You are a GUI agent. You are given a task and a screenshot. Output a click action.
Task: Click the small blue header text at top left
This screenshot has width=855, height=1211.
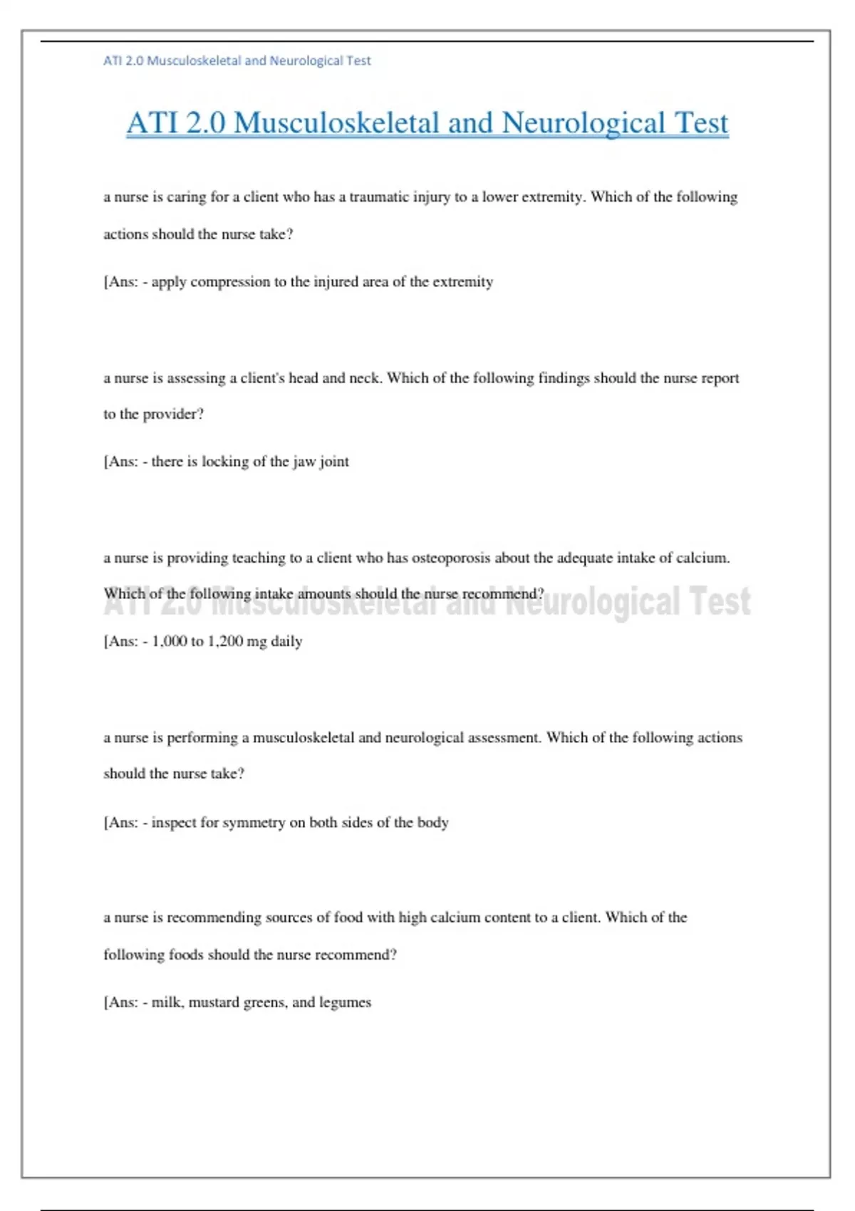pyautogui.click(x=237, y=61)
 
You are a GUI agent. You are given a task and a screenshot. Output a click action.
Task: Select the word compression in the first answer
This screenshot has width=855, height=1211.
pyautogui.click(x=230, y=281)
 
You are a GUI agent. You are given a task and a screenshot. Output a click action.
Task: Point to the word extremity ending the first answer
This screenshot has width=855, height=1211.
pyautogui.click(x=463, y=281)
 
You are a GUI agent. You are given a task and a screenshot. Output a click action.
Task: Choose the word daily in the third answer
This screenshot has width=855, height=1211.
pyautogui.click(x=286, y=641)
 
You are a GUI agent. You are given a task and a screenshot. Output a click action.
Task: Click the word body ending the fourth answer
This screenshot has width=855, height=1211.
pyautogui.click(x=432, y=822)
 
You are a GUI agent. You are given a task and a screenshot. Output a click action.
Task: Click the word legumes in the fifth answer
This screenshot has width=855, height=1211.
pyautogui.click(x=345, y=1002)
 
